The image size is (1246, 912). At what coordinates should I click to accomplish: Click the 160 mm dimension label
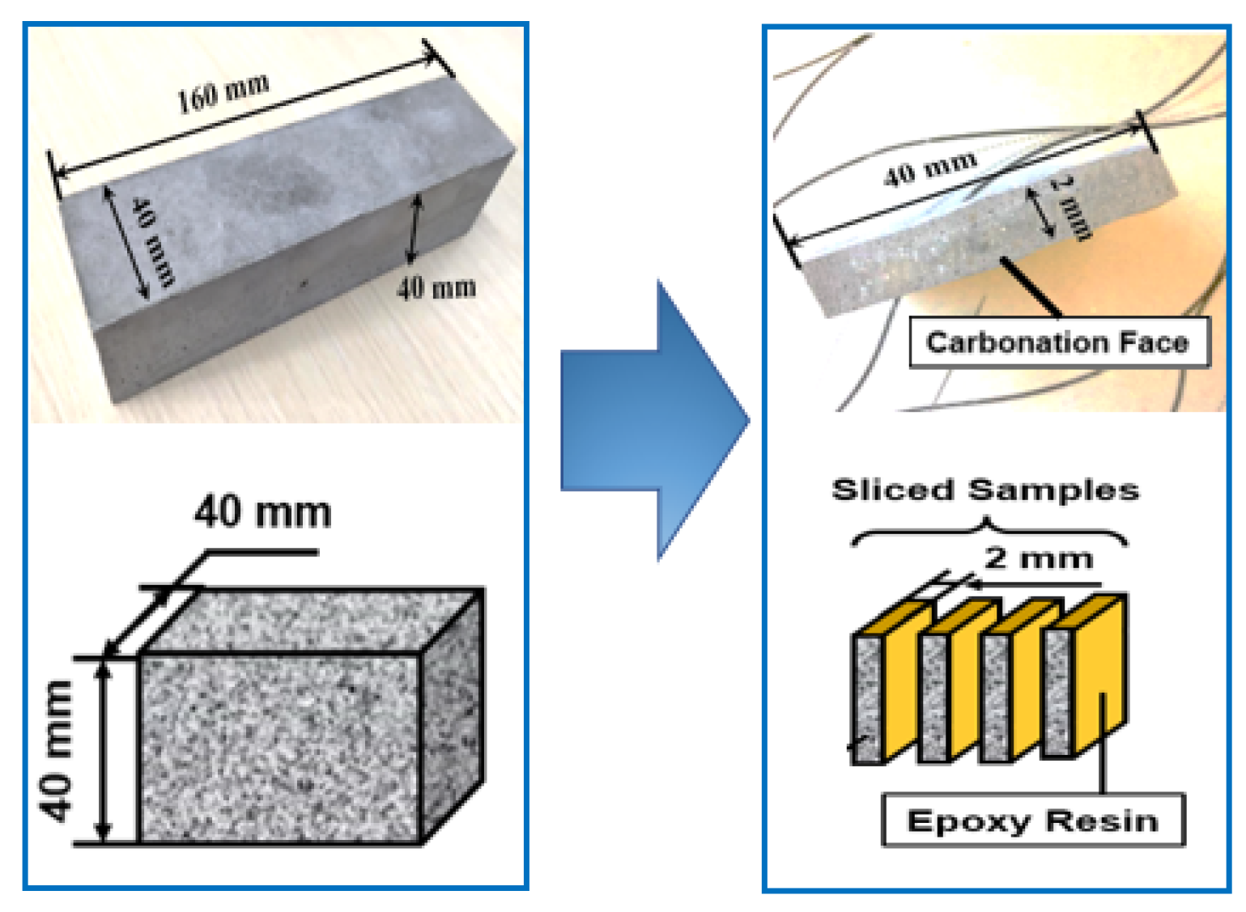point(223,91)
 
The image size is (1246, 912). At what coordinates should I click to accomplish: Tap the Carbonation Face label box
point(1058,343)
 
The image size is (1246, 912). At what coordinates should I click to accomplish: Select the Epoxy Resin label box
point(1032,821)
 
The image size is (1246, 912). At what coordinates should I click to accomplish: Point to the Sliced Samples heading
point(985,490)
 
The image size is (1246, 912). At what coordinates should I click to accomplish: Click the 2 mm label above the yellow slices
point(1039,558)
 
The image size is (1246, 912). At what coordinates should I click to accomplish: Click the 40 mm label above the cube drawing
point(262,512)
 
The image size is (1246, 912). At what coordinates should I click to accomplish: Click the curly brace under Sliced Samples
point(988,533)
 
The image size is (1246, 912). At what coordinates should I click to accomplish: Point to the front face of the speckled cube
point(279,748)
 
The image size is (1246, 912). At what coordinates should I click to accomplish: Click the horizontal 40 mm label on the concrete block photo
point(436,288)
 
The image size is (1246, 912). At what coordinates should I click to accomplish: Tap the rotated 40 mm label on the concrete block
point(153,241)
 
